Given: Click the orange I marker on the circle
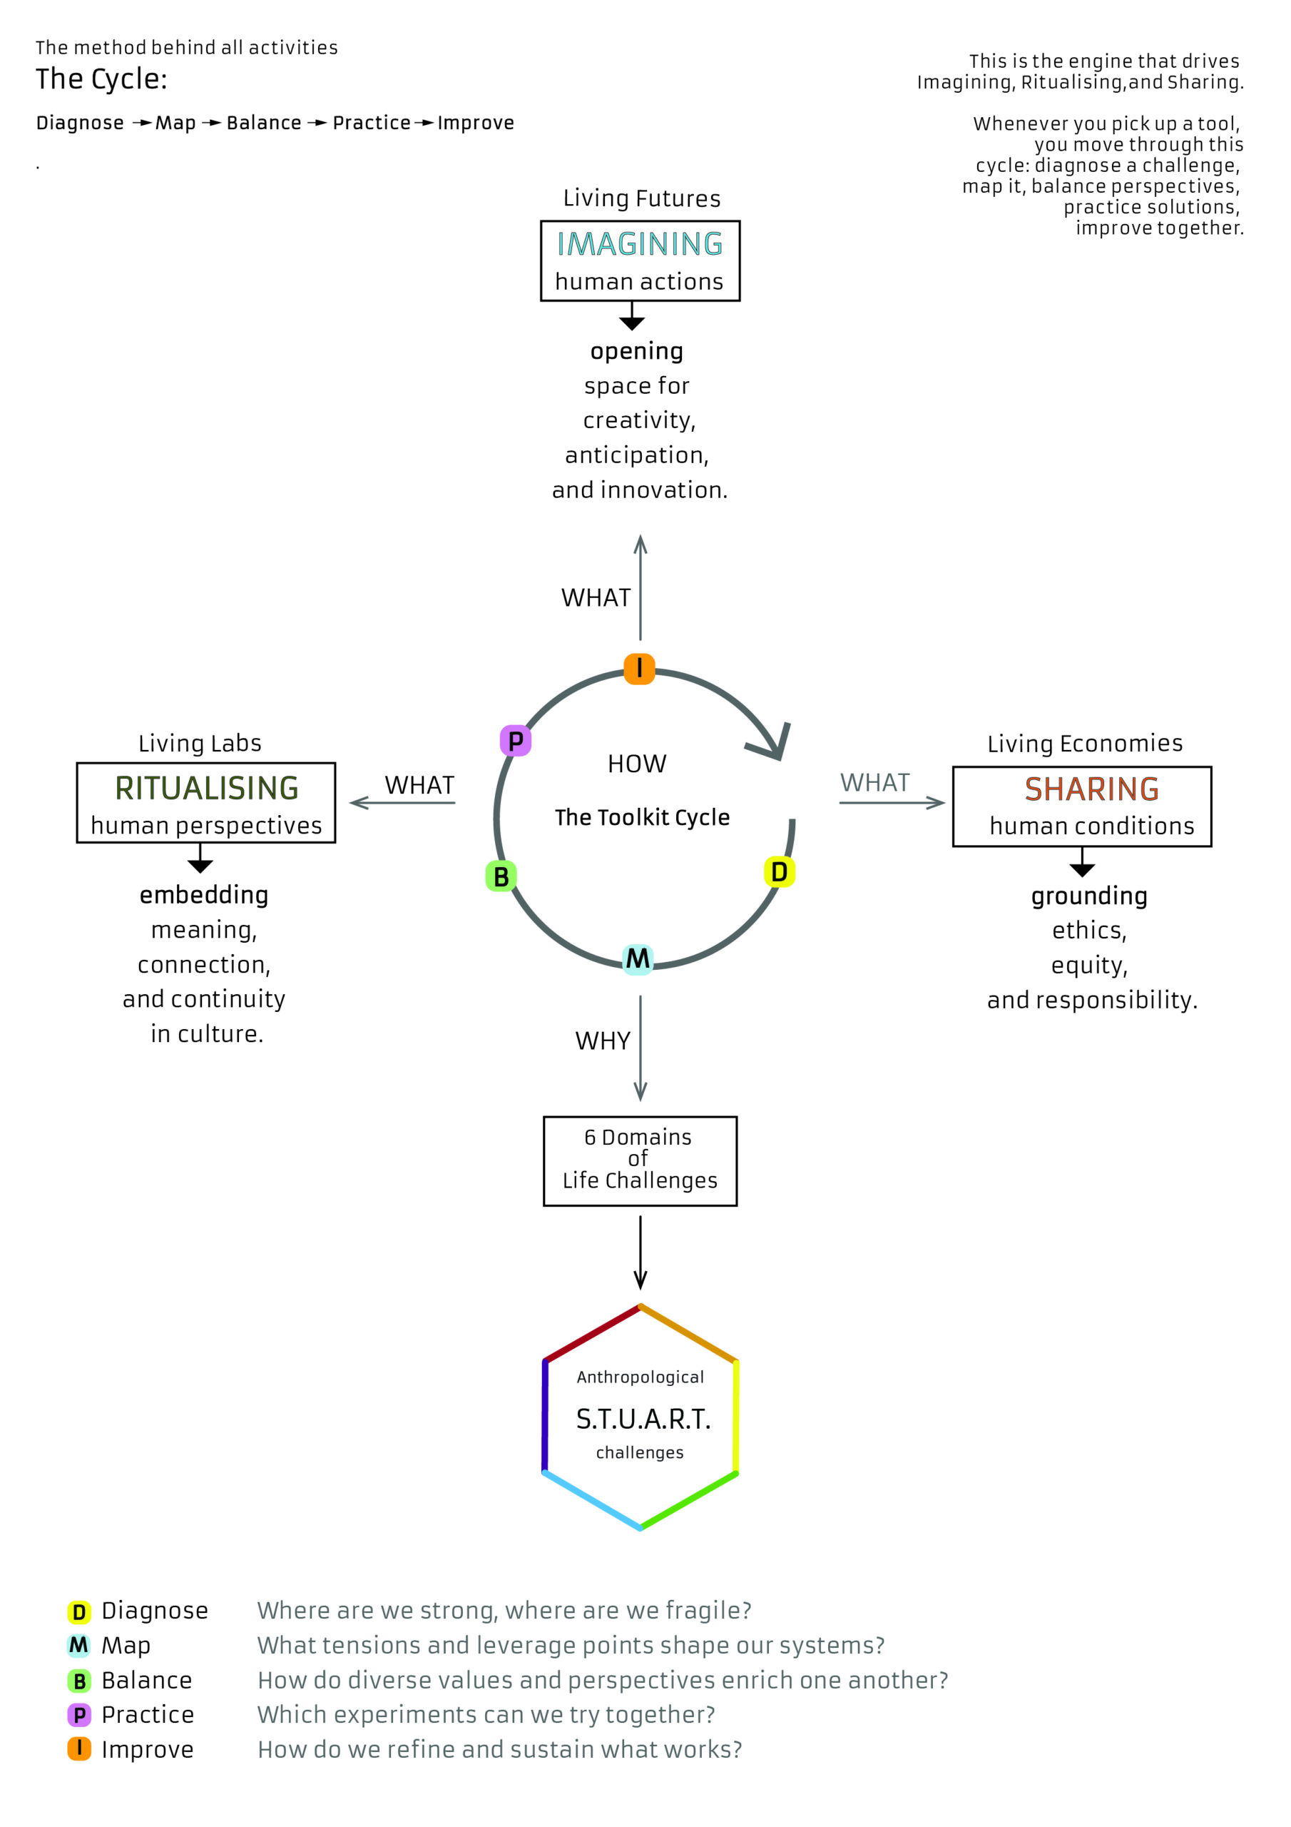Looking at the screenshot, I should tap(639, 669).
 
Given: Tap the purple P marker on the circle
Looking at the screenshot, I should tap(516, 741).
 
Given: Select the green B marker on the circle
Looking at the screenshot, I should tap(501, 876).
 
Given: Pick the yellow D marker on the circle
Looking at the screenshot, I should tap(779, 871).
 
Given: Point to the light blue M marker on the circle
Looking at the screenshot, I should tap(637, 959).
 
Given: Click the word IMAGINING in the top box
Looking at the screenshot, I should tap(640, 244).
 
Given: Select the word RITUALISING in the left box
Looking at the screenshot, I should tap(207, 788).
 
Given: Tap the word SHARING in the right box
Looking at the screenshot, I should tap(1091, 789).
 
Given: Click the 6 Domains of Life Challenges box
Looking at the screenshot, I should tap(640, 1161).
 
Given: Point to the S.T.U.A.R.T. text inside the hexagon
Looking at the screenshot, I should tap(643, 1419).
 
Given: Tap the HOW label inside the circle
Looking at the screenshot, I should tap(636, 764).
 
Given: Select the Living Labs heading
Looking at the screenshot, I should tap(200, 743).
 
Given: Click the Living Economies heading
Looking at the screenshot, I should tap(1085, 743).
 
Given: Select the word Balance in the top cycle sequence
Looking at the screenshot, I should tap(263, 123).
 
